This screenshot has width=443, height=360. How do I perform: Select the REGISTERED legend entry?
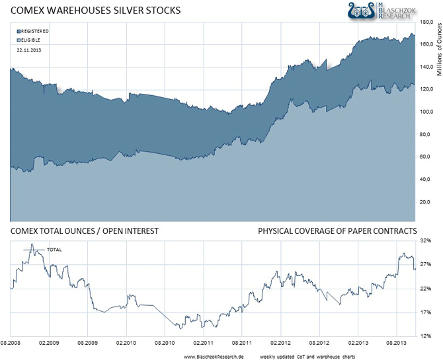coord(34,31)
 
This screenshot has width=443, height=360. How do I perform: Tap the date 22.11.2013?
coord(28,50)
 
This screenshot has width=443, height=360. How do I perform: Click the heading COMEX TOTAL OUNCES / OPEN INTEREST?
coord(83,231)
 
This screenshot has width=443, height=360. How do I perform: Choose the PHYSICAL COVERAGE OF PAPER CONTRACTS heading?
coord(337,231)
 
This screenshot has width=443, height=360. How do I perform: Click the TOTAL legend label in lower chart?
coord(54,250)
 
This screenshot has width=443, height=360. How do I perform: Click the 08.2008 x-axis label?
coord(11,343)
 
